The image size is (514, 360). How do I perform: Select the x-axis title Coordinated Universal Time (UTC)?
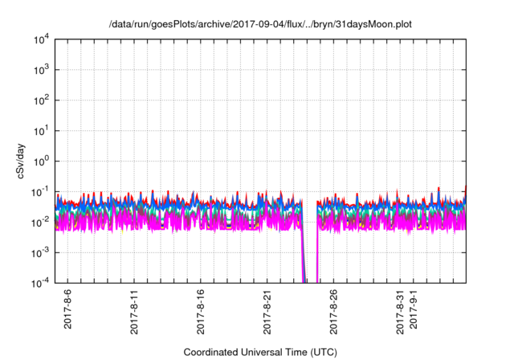tap(260, 352)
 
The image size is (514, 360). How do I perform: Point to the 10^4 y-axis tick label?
tap(42, 39)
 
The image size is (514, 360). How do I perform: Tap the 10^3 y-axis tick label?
tap(42, 70)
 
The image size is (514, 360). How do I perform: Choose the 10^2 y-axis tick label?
tap(42, 100)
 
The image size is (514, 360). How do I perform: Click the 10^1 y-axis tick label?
tap(42, 130)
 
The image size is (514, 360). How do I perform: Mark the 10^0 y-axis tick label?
tap(42, 161)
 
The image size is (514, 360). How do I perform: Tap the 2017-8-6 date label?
tap(67, 309)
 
